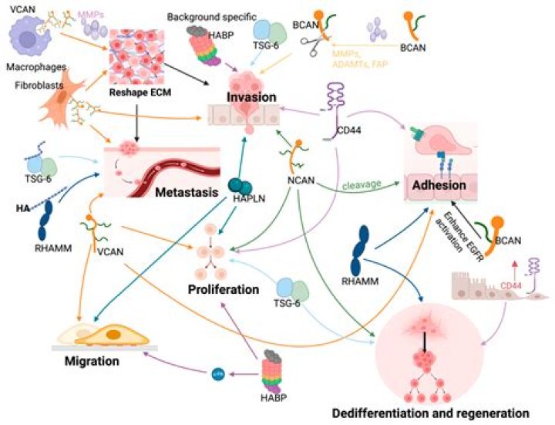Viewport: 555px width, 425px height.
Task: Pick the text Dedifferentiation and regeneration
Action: click(x=431, y=413)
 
